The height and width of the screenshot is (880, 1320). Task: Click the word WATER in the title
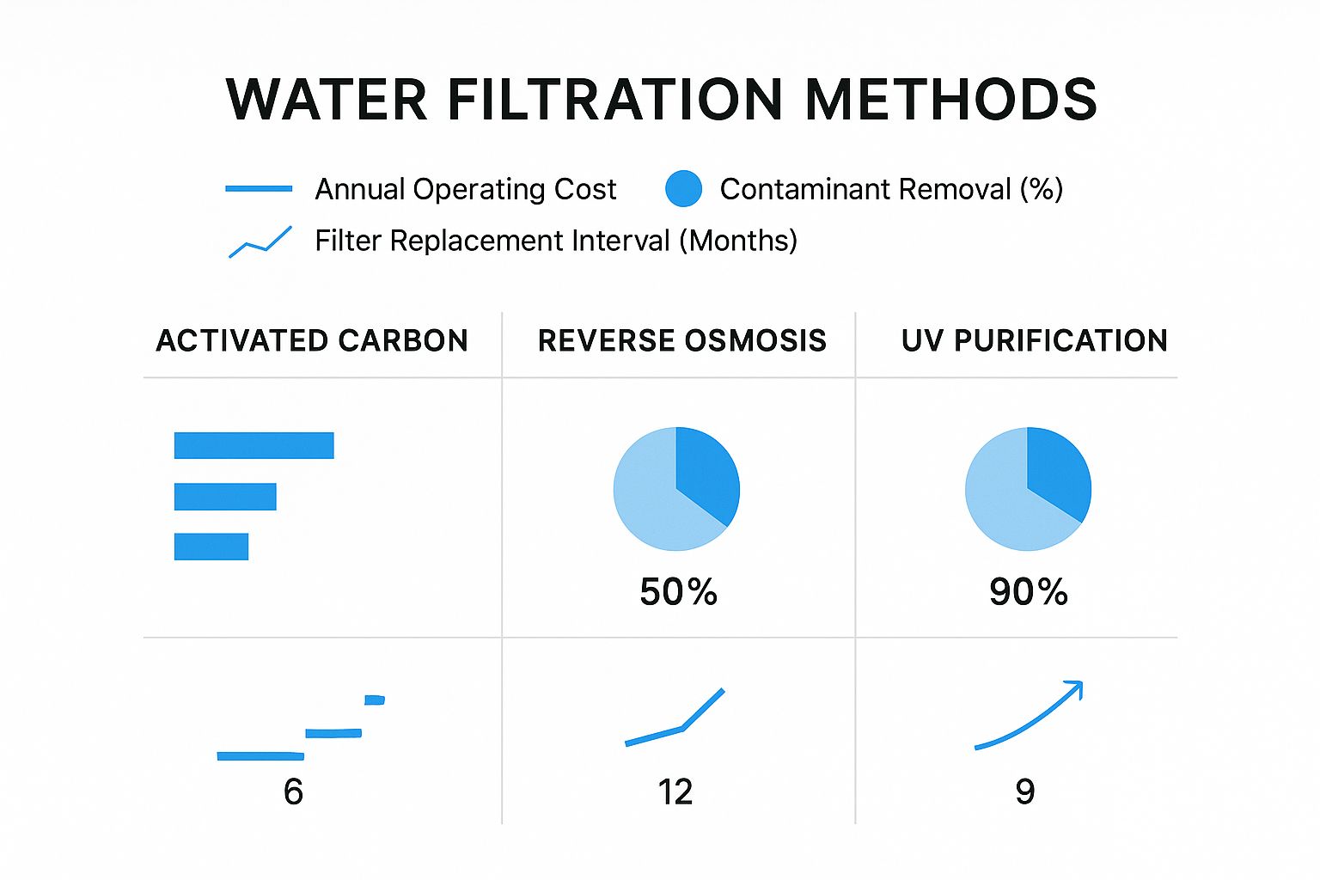pos(327,100)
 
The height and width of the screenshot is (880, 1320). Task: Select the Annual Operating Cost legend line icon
pos(259,188)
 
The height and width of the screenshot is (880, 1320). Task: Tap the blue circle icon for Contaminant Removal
pos(683,189)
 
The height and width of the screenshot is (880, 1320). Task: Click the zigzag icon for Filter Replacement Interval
pos(260,241)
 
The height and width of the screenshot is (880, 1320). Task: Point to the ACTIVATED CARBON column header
pos(312,341)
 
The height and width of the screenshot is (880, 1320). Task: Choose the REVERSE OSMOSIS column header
pos(681,341)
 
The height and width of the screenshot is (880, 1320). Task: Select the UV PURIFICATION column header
pos(1034,341)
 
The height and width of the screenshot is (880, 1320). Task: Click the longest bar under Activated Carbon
pos(254,445)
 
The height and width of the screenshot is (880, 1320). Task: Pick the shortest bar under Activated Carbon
pos(211,547)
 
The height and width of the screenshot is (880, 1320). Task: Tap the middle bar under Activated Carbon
pos(225,497)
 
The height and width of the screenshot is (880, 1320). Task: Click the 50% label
pos(678,592)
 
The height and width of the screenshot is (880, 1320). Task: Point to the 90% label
pos(1028,592)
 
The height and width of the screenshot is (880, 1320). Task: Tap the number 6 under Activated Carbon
pos(293,791)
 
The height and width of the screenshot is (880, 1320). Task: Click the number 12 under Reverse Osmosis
pos(675,791)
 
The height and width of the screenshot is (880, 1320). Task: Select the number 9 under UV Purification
pos(1024,791)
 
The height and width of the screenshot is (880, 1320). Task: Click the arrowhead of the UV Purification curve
pos(1074,687)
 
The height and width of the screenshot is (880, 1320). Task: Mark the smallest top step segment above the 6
pos(374,700)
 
